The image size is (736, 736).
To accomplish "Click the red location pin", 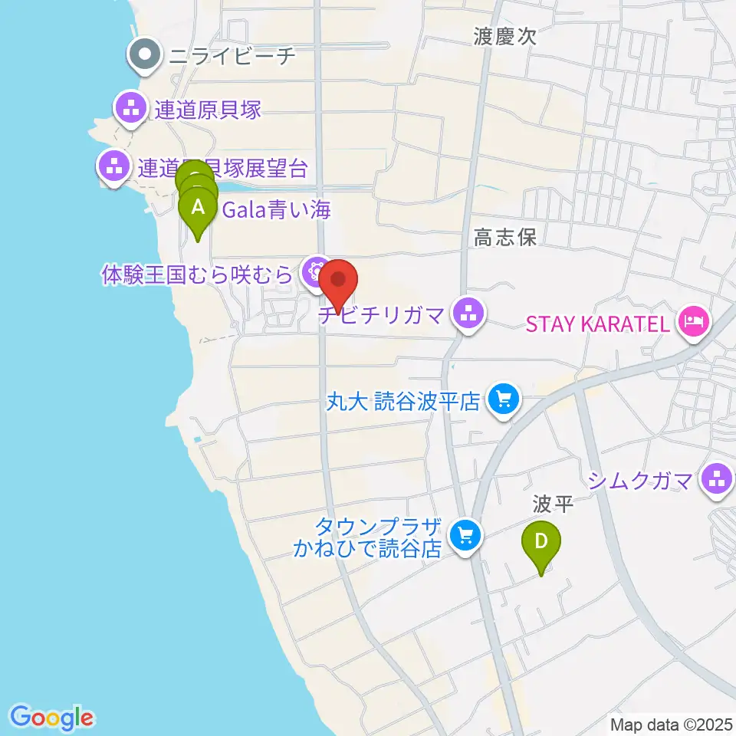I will click(x=338, y=282).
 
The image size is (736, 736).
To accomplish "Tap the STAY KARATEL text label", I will click(x=598, y=324).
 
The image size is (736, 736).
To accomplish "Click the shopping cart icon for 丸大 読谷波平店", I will click(x=504, y=399).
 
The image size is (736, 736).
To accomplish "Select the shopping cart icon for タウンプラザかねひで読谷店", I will click(x=465, y=534).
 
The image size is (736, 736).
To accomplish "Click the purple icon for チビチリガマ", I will click(x=468, y=313).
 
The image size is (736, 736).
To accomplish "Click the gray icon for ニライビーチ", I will click(x=143, y=55).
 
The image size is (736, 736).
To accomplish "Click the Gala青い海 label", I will click(x=276, y=209).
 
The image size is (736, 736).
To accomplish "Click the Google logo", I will click(x=52, y=718).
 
